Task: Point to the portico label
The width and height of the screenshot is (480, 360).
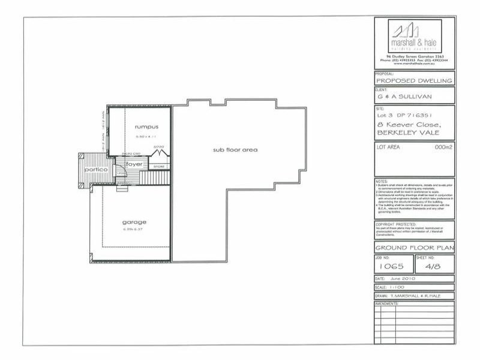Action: point(95,170)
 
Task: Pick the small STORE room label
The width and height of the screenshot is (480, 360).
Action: point(158,166)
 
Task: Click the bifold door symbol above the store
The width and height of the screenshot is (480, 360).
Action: point(158,155)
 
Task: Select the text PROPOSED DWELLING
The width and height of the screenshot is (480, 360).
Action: point(414,80)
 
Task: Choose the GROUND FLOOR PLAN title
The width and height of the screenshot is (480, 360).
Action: point(414,247)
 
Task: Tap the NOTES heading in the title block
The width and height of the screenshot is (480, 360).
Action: point(382,181)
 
